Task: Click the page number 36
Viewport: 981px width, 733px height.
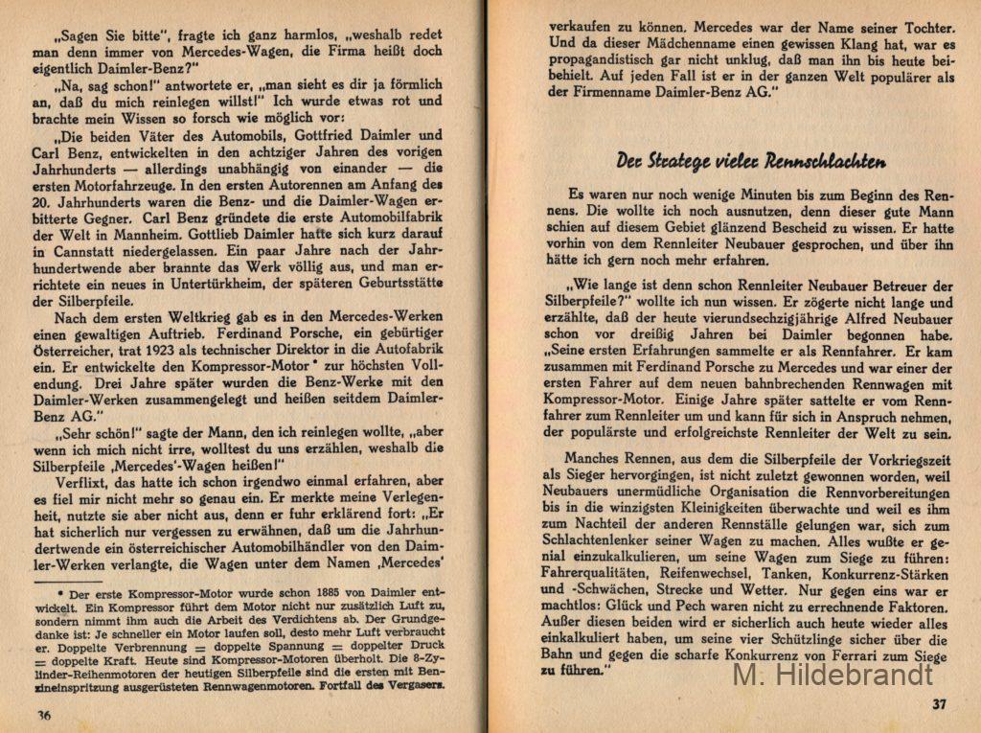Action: click(43, 714)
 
